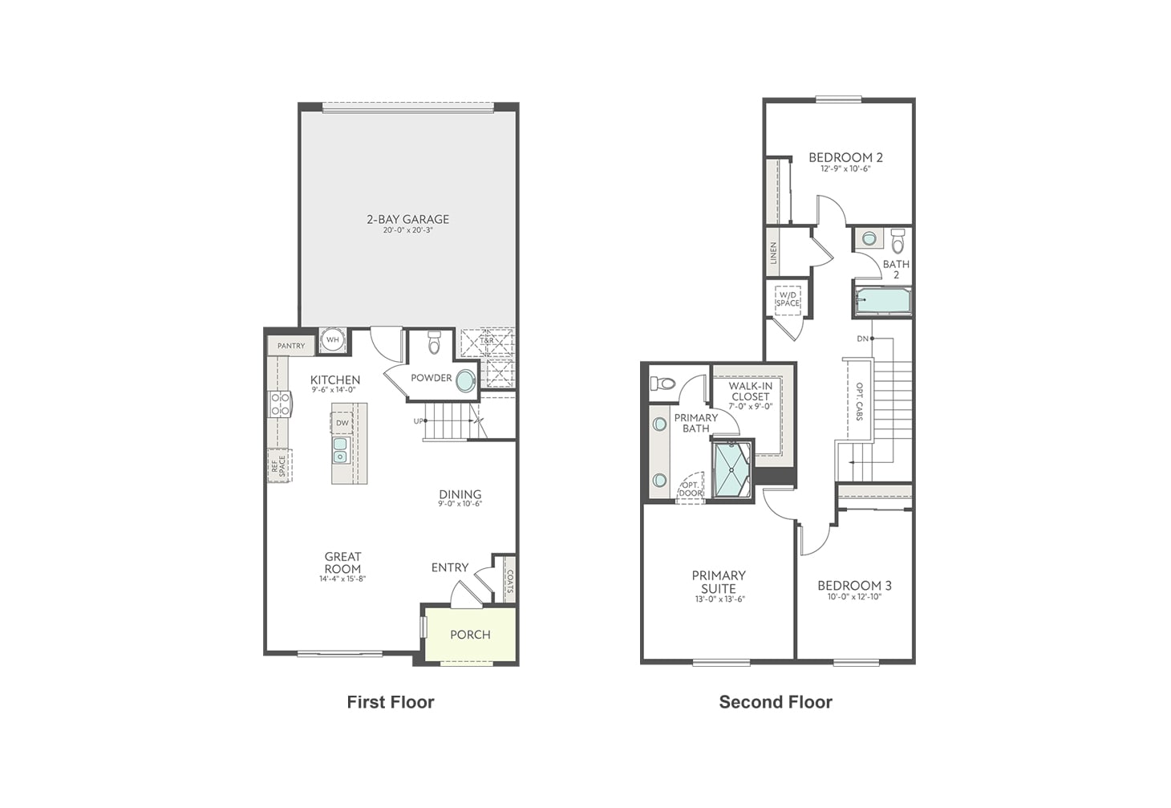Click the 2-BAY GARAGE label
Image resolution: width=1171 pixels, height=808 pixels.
coord(407,219)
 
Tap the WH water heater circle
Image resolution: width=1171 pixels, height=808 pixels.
coord(333,340)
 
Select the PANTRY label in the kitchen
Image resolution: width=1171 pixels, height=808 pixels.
coord(291,346)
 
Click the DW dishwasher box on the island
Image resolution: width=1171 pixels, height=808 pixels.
coord(342,423)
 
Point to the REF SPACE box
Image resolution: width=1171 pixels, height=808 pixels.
coord(279,466)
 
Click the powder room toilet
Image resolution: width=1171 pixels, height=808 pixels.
coord(435,343)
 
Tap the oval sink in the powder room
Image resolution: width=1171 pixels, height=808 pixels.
coord(465,381)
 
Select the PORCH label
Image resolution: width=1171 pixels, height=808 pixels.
coord(470,635)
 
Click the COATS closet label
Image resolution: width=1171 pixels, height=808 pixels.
coord(509,581)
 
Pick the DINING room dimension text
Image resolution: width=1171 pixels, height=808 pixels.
coord(460,505)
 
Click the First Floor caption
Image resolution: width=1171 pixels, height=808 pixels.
coord(391,702)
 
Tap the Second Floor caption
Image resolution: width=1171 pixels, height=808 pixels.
coord(776,702)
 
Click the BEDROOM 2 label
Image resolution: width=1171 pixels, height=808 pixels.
coord(845,157)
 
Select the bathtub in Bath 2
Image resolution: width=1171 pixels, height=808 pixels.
coord(881,302)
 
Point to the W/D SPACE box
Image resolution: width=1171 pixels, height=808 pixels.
coord(788,299)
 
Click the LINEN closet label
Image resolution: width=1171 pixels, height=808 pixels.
coord(773,252)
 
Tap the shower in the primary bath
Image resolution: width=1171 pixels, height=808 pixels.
coord(731,471)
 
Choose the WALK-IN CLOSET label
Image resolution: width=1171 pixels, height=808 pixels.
coord(750,391)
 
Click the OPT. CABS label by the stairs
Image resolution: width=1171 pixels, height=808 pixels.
coord(859,401)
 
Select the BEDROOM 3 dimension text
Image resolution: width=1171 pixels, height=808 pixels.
coord(854,597)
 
